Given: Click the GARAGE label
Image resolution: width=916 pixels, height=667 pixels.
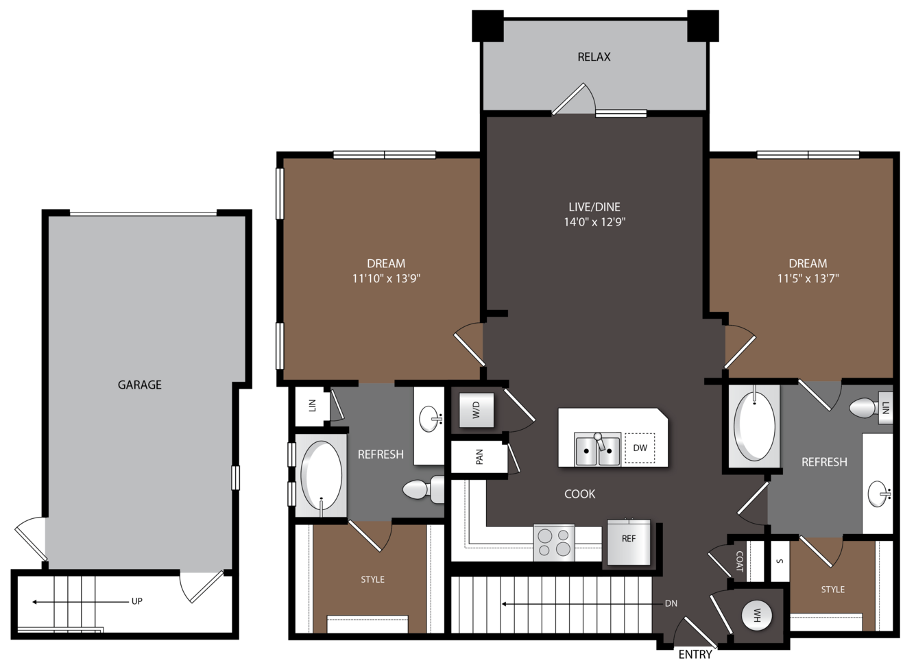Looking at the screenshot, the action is click(139, 385).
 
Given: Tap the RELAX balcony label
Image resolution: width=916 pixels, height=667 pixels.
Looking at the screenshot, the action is click(594, 57).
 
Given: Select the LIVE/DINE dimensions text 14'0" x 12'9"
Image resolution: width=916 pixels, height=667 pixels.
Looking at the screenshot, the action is click(594, 222).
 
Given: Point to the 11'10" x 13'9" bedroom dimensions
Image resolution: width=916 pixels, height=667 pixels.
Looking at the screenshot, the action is click(387, 278).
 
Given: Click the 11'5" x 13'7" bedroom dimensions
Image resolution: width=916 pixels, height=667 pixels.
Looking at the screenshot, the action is click(808, 278).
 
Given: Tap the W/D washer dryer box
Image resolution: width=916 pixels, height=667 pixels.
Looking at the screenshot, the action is click(477, 410).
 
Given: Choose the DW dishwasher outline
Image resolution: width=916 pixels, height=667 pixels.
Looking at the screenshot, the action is click(640, 448).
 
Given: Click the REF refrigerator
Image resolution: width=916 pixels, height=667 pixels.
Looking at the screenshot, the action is click(629, 542).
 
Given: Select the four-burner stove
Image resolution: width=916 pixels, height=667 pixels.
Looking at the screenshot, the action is click(554, 542).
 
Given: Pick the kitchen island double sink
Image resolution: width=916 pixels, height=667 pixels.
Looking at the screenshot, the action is click(597, 450).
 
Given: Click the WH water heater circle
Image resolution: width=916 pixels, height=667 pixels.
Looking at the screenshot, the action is click(757, 616).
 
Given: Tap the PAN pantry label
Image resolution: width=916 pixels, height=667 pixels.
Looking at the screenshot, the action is click(480, 457).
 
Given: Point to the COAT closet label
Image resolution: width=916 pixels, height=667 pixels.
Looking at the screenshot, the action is click(739, 561).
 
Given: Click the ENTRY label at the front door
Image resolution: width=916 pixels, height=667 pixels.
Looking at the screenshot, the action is click(695, 655).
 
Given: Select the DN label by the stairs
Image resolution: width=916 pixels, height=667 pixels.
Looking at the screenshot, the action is click(671, 604).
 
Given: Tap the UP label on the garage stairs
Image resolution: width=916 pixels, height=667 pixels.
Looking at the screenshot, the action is click(137, 602).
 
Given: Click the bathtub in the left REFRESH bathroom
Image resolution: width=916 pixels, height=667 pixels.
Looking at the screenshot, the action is click(322, 475).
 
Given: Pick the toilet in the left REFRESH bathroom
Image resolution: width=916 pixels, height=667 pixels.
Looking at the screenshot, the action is click(423, 489).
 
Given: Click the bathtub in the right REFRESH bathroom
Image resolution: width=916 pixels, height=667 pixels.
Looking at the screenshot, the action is click(754, 426).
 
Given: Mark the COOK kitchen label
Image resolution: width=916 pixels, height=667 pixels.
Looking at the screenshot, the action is click(580, 494).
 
